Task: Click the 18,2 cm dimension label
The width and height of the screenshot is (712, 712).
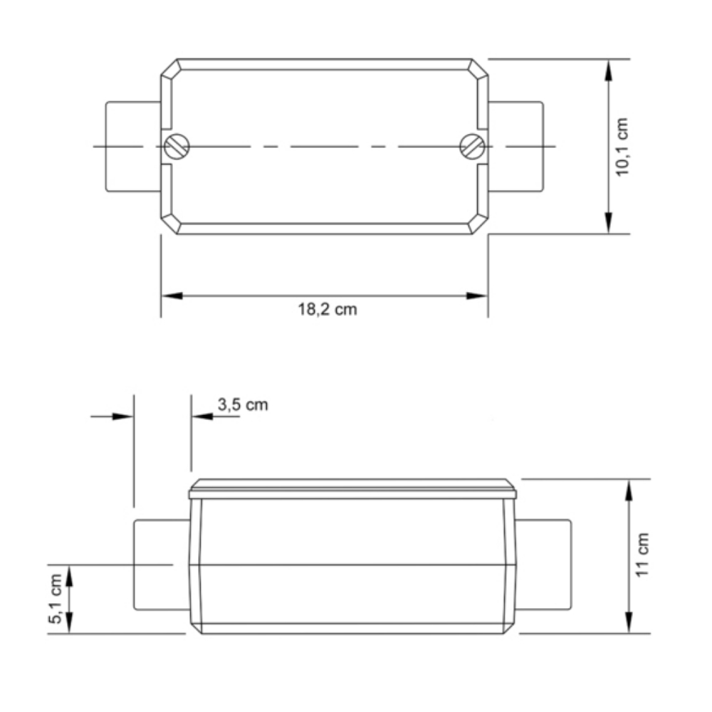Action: [x=327, y=310]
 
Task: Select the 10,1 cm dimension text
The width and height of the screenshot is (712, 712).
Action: [x=623, y=147]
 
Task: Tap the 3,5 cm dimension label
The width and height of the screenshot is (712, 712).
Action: [x=243, y=404]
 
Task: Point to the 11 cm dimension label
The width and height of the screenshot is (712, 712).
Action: [x=643, y=555]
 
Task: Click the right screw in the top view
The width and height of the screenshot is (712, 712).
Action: [x=472, y=147]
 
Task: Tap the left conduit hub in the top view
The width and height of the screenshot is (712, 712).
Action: [x=132, y=147]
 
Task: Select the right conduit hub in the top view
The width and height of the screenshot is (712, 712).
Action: [x=518, y=147]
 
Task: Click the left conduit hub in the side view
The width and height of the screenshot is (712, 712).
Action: [x=161, y=564]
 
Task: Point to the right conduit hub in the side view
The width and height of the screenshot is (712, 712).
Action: [x=543, y=564]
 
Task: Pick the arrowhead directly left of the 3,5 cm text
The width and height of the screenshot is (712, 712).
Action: [x=201, y=416]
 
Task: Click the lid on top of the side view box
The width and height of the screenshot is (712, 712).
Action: [x=352, y=489]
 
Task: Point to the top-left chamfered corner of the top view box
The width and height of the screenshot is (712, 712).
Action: [x=169, y=68]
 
